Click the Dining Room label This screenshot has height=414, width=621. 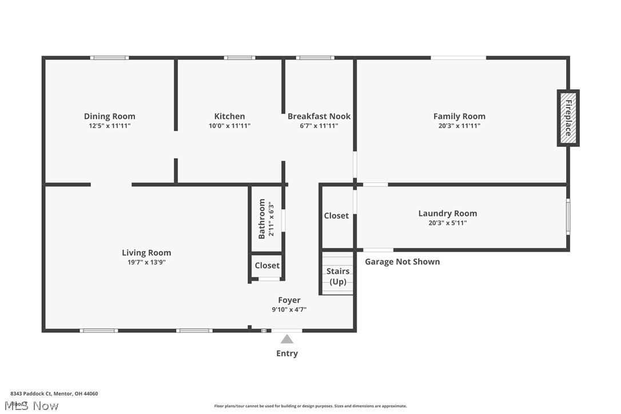point(109,116)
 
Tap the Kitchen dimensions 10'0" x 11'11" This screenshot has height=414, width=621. point(229,126)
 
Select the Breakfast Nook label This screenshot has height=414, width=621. point(319,116)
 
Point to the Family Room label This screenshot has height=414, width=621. point(459,116)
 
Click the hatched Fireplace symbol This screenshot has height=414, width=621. point(568,118)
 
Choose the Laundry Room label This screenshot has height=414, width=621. point(447,213)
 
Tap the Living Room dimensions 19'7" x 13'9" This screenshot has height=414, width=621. point(146,262)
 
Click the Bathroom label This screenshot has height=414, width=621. point(262,218)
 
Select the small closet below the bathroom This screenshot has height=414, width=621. point(267,265)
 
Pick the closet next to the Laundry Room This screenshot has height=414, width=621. point(336,216)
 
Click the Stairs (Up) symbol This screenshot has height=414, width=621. point(338,276)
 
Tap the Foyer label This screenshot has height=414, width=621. point(289,300)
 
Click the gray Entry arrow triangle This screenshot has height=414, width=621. point(287,339)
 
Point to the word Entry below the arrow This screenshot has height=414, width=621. point(287,353)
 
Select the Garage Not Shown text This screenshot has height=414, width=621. point(403,261)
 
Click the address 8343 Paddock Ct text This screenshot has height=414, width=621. point(54,393)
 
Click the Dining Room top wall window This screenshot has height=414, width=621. point(109,58)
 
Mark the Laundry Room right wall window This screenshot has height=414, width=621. point(568,216)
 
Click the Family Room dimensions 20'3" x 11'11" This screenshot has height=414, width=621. point(459,126)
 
